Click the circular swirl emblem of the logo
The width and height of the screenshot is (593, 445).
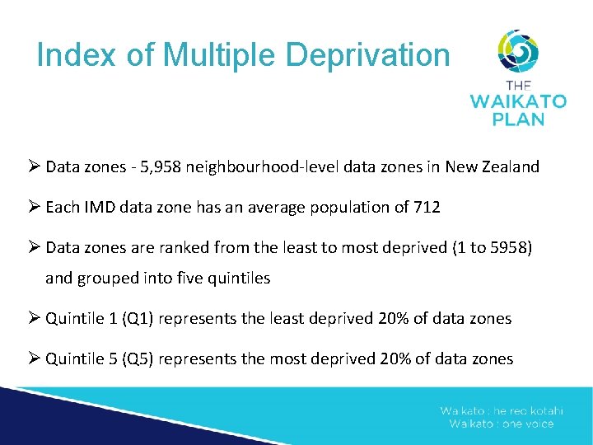[518, 51]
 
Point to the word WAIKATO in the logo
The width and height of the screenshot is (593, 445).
[518, 102]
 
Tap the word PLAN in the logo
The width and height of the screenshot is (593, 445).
[518, 119]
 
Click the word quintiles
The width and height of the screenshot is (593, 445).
[239, 279]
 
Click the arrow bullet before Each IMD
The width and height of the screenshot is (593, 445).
[35, 208]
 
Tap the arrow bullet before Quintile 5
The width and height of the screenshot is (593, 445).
[35, 359]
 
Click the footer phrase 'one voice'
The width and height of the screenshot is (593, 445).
[527, 424]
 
